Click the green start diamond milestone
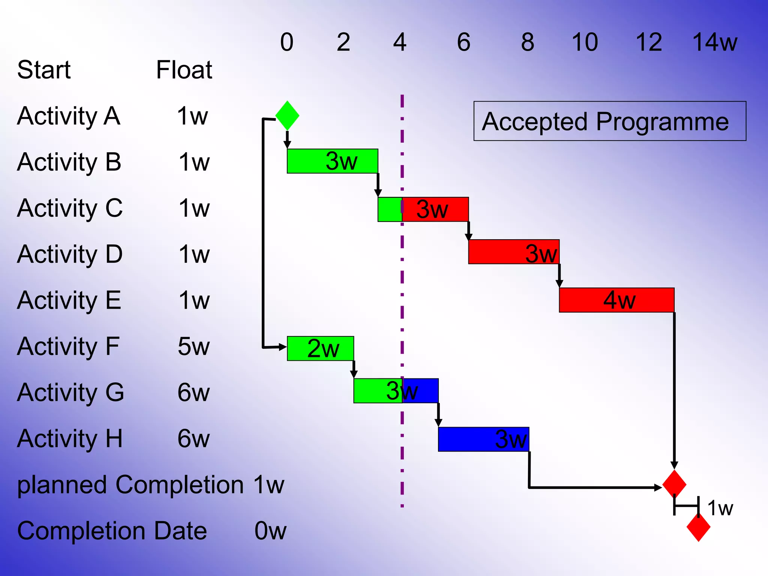point(287,115)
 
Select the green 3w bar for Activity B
point(332,161)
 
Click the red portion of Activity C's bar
point(435,209)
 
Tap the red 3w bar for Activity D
point(514,252)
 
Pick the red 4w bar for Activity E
point(616,300)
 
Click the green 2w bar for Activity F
point(320,348)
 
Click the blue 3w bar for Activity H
point(483,439)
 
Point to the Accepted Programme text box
point(609,121)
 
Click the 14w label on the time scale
point(714,42)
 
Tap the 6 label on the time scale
point(463,42)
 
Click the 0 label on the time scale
point(287,42)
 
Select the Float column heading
point(184,70)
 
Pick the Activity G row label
point(70,392)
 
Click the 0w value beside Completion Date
point(270,531)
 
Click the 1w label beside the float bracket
point(720,508)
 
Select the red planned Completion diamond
point(674,484)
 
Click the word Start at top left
point(44,70)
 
